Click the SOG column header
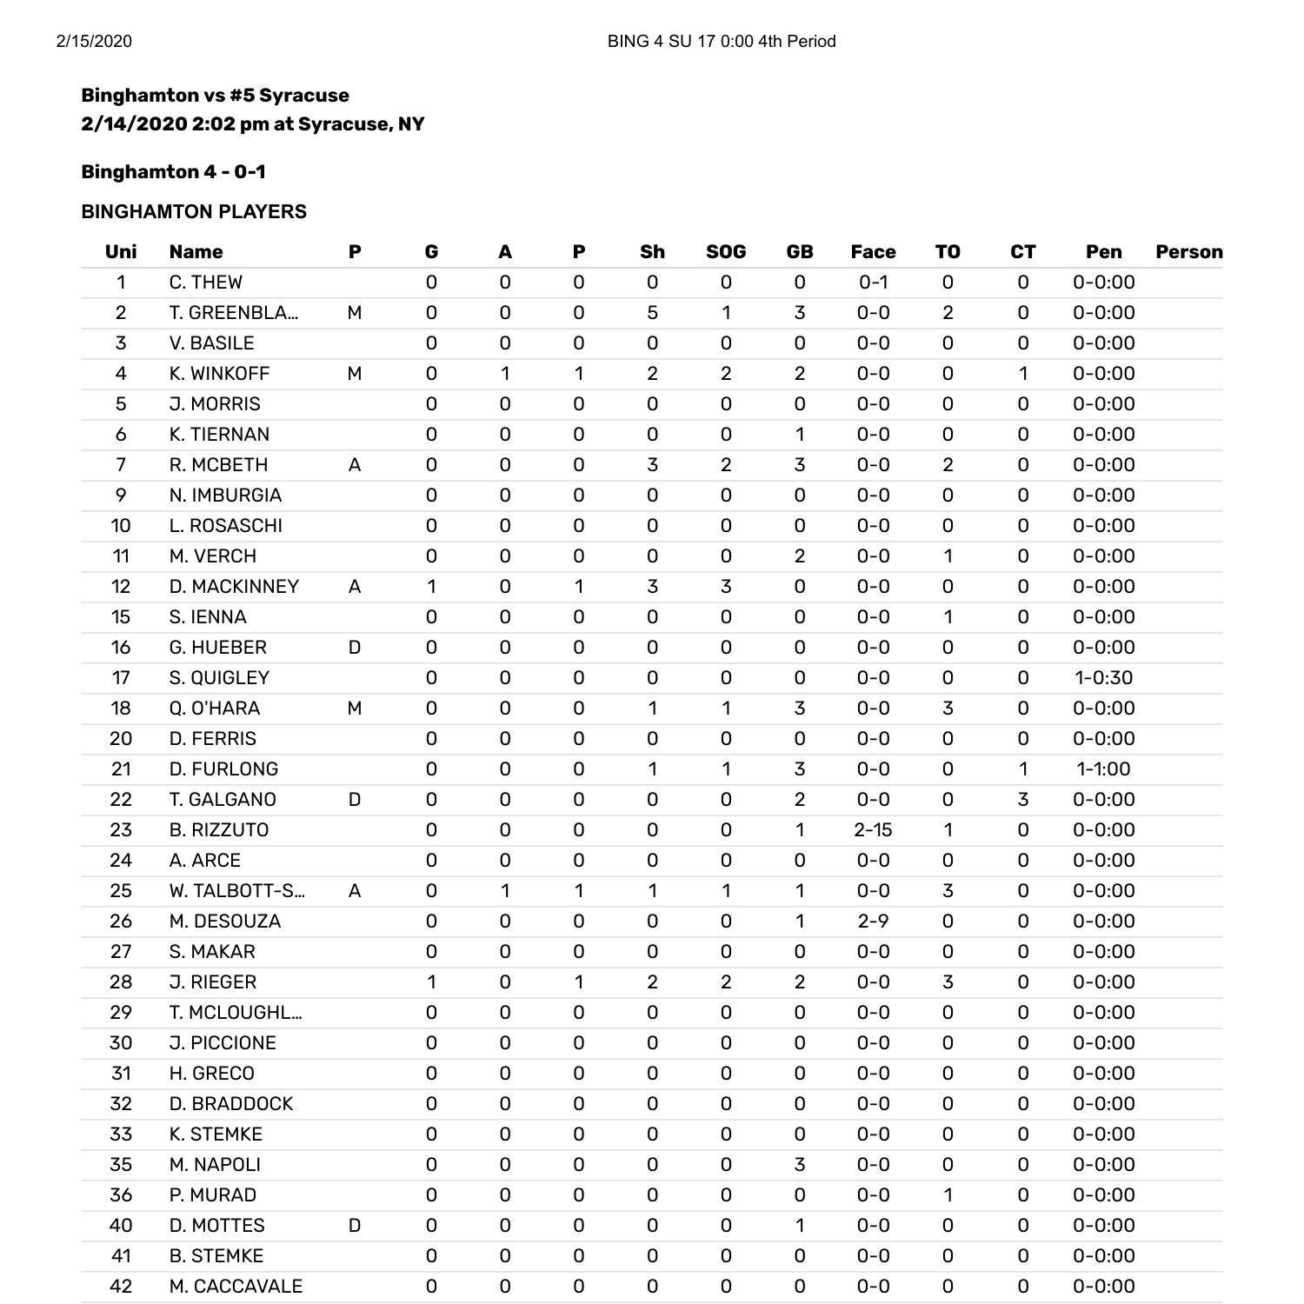tap(726, 252)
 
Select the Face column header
tap(873, 252)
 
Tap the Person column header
tap(1188, 252)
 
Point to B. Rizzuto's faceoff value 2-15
tap(873, 830)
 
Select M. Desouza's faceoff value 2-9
tap(873, 921)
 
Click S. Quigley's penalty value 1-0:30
tap(1103, 678)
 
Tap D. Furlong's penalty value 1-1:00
tap(1103, 769)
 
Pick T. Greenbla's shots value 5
tap(652, 313)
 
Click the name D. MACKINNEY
tap(234, 587)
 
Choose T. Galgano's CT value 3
tap(1022, 800)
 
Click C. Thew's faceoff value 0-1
tap(873, 283)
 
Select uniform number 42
tap(121, 1287)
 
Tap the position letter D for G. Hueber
tap(354, 648)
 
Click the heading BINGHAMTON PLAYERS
tap(194, 212)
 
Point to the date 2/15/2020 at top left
tap(94, 42)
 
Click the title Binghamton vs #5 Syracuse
tap(215, 96)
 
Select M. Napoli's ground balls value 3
tap(799, 1165)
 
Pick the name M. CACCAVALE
tap(236, 1287)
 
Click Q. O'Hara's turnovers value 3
tap(948, 709)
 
